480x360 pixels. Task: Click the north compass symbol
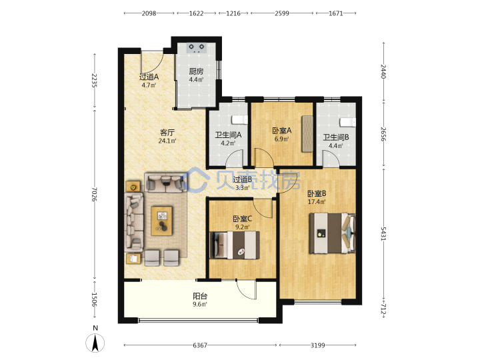(95, 342)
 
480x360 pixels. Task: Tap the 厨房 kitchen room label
(196, 71)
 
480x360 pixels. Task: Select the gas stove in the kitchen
(197, 48)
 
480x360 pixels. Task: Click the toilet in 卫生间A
(239, 120)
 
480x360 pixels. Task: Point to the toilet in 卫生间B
(348, 122)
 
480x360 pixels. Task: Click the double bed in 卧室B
(333, 233)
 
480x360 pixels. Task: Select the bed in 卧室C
(235, 245)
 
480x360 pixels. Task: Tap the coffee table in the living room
(162, 221)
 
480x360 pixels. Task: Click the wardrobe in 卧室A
(307, 134)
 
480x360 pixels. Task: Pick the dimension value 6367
(200, 345)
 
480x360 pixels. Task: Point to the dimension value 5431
(383, 233)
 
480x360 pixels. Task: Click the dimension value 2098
(149, 13)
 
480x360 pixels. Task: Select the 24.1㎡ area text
(167, 141)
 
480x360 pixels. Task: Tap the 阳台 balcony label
(200, 296)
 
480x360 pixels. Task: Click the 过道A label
(149, 77)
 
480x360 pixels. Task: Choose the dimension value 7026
(94, 195)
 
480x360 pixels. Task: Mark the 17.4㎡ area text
(317, 202)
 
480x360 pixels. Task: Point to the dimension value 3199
(318, 345)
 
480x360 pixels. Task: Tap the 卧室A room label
(282, 131)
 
